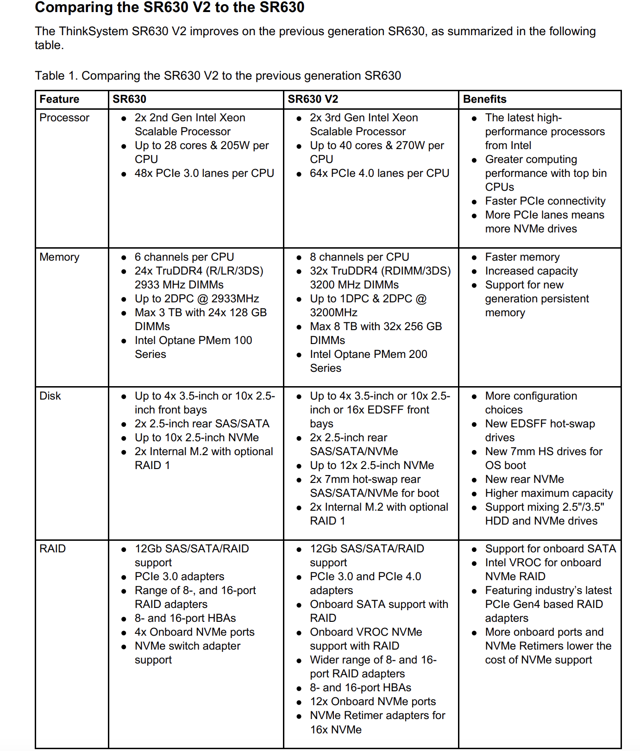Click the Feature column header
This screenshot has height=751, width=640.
pos(59,99)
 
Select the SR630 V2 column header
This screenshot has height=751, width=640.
pos(313,99)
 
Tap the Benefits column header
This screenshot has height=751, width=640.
pos(484,99)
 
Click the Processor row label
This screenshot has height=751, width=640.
pos(64,118)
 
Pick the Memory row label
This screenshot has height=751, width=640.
pos(59,257)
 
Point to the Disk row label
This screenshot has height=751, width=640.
pos(50,396)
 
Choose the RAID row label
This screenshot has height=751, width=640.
pos(52,549)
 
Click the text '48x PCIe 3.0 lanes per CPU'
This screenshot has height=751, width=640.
pos(204,173)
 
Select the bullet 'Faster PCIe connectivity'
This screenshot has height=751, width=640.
pos(545,201)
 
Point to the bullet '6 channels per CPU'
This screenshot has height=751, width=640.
pos(184,257)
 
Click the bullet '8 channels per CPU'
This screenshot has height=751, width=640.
pos(359,257)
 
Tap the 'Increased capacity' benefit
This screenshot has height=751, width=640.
pos(531,271)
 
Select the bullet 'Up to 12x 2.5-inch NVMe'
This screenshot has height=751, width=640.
pos(372,465)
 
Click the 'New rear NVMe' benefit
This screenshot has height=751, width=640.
pos(524,479)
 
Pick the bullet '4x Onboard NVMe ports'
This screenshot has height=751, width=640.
pos(195,632)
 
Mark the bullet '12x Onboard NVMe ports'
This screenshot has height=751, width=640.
pos(373,701)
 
